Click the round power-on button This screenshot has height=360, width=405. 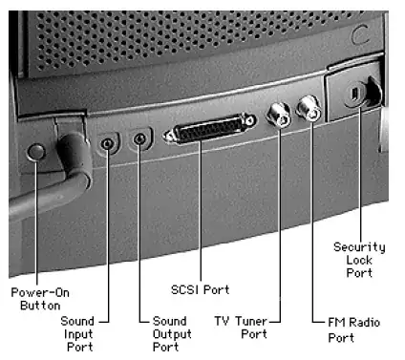click(35, 152)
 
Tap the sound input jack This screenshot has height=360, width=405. click(107, 144)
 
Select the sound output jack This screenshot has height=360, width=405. click(139, 139)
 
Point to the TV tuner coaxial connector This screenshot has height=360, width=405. click(279, 116)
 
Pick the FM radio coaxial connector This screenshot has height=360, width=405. click(309, 109)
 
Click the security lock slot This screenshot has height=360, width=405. click(355, 94)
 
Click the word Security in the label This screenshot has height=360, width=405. click(359, 247)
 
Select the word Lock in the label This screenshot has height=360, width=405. click(359, 260)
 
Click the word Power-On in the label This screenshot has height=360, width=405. click(40, 292)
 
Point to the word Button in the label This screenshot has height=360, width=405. click(40, 306)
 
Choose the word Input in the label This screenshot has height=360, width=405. click(78, 334)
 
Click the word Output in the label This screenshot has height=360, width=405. click(172, 334)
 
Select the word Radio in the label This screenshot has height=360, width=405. click(365, 323)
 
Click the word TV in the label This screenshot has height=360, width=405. click(222, 321)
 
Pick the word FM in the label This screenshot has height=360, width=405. click(336, 323)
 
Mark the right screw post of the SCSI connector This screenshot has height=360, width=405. click(250, 120)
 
